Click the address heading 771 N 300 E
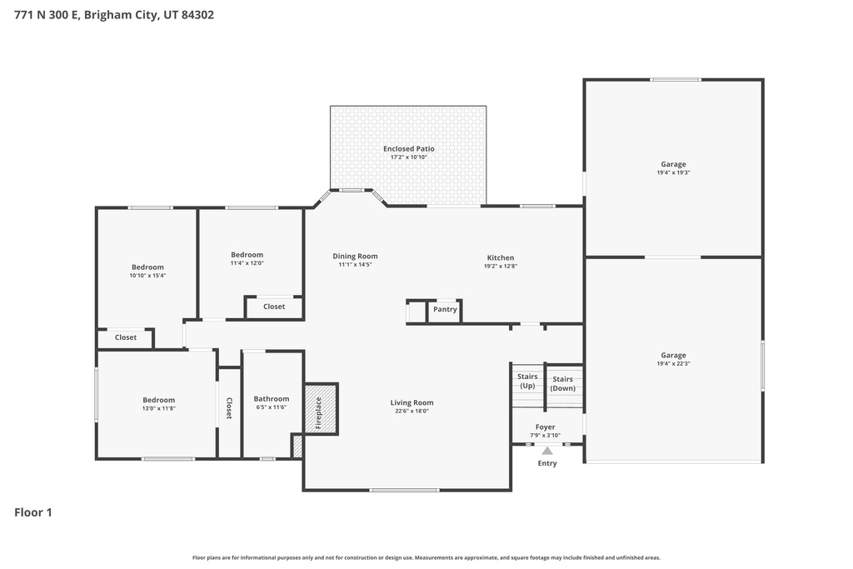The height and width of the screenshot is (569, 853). [114, 15]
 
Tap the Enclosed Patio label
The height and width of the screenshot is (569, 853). [408, 149]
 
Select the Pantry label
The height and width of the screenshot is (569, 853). [445, 310]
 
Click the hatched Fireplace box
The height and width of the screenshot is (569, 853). [320, 408]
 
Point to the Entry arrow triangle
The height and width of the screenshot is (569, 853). [547, 451]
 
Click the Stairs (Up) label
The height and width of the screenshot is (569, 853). [527, 382]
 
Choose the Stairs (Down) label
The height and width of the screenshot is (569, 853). [562, 383]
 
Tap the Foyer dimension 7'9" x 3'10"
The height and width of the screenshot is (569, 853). [546, 435]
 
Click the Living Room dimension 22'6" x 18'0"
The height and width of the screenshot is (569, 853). [412, 411]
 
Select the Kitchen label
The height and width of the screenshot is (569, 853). [500, 257]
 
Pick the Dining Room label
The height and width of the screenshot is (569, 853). [355, 257]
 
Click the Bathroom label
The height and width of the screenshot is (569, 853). [272, 399]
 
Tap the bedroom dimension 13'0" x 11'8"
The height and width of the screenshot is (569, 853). [158, 408]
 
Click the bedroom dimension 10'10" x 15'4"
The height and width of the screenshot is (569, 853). [147, 276]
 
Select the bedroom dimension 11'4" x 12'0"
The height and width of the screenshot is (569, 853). [247, 262]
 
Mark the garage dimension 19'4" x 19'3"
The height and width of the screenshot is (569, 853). [673, 172]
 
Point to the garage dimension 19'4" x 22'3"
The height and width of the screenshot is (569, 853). [673, 363]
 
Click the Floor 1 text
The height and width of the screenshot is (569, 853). [33, 512]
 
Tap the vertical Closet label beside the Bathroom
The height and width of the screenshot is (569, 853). [229, 408]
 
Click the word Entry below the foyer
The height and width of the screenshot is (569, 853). [547, 463]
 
